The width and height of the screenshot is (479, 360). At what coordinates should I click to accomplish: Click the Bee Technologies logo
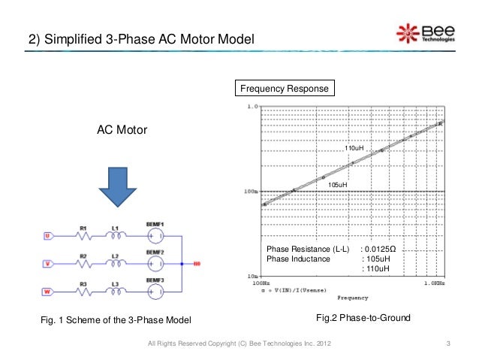tap(425, 34)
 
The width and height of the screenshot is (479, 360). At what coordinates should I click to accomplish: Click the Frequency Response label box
tap(284, 89)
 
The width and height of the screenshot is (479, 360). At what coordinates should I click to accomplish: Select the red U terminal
tap(47, 236)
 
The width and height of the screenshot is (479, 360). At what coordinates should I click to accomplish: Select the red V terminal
tap(47, 264)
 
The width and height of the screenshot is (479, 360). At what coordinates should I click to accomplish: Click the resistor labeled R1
tap(84, 235)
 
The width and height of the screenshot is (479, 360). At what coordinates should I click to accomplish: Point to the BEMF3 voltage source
tap(155, 292)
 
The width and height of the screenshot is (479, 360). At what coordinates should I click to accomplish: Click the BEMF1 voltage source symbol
tap(155, 235)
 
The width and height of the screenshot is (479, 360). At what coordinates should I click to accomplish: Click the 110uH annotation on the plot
tap(354, 149)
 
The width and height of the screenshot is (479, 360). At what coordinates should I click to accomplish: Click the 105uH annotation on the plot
tap(338, 184)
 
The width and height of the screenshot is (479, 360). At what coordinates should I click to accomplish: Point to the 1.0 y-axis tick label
tap(252, 107)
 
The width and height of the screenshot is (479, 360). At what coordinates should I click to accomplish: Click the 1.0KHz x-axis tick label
tap(433, 284)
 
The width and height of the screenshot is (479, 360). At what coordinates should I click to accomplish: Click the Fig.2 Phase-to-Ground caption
tap(363, 319)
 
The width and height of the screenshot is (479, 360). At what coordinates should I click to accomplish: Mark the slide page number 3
tap(447, 344)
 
